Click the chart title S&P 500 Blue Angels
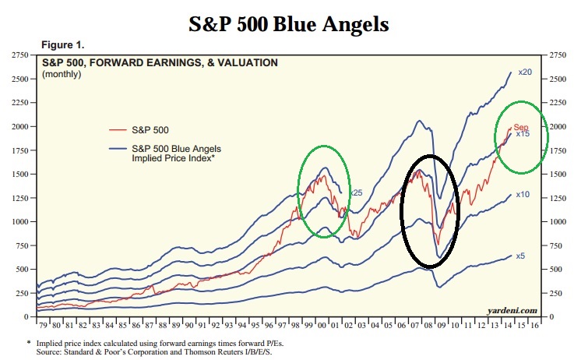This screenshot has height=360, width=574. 289,24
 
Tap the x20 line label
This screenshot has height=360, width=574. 525,72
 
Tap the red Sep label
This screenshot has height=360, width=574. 520,127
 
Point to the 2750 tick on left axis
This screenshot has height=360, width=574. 19,55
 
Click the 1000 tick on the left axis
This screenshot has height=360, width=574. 19,222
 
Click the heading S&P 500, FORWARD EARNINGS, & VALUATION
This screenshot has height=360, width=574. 160,63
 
